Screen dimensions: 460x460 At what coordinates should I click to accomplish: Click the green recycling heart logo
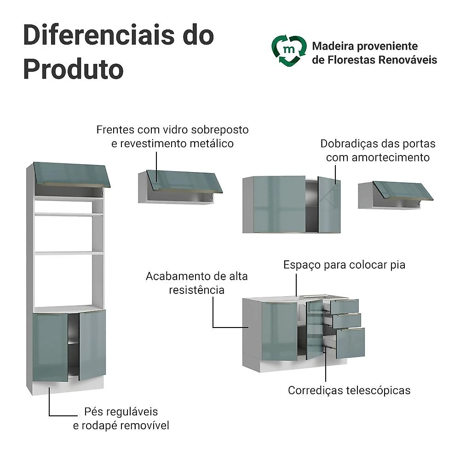[289, 51]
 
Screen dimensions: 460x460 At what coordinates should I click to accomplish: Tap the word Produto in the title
[73, 69]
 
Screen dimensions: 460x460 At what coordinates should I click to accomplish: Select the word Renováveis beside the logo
[408, 59]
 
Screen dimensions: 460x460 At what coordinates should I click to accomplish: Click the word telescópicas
[378, 391]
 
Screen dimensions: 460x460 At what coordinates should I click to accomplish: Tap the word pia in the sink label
[398, 265]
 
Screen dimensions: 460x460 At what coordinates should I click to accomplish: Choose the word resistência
[196, 290]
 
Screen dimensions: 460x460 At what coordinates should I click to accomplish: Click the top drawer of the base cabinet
[345, 306]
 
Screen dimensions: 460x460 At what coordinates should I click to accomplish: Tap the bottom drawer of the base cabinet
[350, 343]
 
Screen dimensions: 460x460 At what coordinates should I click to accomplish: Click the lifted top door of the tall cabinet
[72, 174]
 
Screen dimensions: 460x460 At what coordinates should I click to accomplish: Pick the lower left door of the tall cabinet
[50, 348]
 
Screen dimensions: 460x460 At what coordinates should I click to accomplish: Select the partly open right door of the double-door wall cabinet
[329, 205]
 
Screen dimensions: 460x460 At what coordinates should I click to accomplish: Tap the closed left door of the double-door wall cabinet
[279, 204]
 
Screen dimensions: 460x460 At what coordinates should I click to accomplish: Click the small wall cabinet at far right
[396, 195]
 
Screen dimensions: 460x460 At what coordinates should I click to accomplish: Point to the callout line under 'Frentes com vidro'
[156, 167]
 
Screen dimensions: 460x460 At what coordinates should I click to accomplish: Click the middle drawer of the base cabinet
[347, 321]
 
